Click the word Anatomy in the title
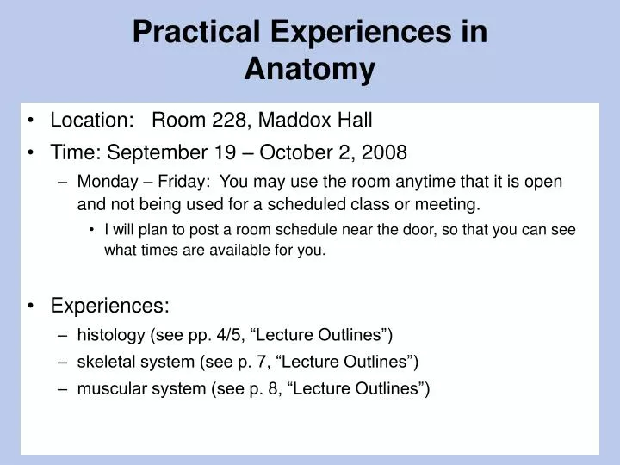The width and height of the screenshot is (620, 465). point(309,70)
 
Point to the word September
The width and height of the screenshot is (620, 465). point(158,152)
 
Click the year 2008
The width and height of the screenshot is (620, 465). point(384,152)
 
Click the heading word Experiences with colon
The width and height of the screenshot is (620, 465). point(110,306)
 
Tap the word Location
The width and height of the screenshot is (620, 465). point(84,121)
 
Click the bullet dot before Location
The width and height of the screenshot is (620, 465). point(32,121)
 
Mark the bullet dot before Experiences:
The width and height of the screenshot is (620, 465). point(32,306)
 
